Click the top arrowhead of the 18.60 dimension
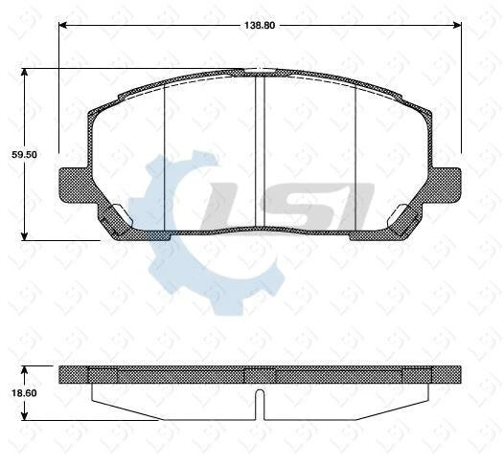pyautogui.click(x=25, y=369)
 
